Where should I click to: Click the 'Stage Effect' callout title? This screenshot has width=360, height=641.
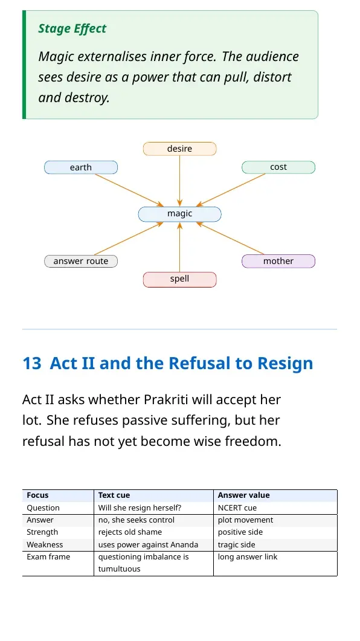(x=72, y=28)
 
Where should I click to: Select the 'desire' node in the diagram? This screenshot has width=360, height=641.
(x=180, y=149)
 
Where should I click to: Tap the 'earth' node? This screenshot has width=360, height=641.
(x=81, y=167)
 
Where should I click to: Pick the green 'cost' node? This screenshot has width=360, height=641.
(x=278, y=167)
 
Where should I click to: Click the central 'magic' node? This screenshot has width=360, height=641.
(x=180, y=214)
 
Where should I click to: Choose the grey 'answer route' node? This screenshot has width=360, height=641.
(x=81, y=261)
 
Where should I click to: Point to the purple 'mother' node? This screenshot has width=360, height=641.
(x=278, y=261)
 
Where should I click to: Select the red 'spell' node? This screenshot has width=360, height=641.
(x=180, y=280)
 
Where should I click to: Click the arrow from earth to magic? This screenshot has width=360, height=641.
(x=129, y=190)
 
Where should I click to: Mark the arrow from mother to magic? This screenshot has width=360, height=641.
(x=230, y=238)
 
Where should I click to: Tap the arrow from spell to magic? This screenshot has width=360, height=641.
(x=180, y=247)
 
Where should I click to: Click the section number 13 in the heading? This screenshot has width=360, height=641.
(x=32, y=364)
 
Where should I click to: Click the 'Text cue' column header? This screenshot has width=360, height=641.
(x=114, y=495)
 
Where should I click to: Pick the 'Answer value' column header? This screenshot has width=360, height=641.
(x=243, y=495)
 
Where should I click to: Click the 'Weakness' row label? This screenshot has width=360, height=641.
(x=45, y=545)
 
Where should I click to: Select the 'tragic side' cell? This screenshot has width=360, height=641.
(x=237, y=545)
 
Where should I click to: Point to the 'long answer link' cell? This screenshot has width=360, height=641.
(x=248, y=557)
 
